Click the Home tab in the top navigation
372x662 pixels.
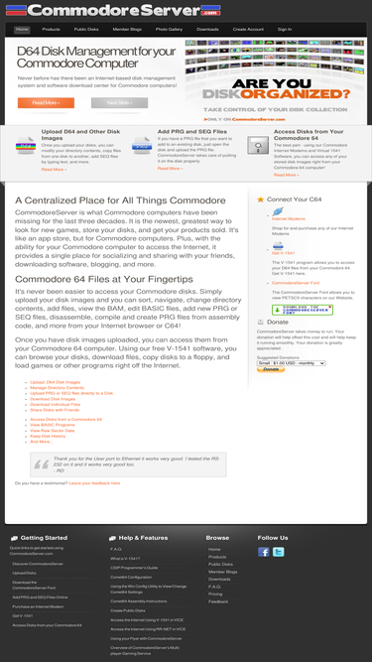pyautogui.click(x=22, y=30)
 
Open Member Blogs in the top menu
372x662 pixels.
pyautogui.click(x=126, y=30)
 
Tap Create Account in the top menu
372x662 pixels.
pyautogui.click(x=247, y=30)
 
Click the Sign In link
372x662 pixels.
pyautogui.click(x=285, y=30)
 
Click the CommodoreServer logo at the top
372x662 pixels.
pyautogui.click(x=186, y=11)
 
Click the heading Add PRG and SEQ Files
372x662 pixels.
pyautogui.click(x=191, y=130)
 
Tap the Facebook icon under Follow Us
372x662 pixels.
pyautogui.click(x=264, y=552)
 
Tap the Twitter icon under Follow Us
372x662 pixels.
pyautogui.click(x=279, y=552)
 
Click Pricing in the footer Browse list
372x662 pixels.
pyautogui.click(x=215, y=594)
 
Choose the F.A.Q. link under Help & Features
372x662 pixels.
pyautogui.click(x=116, y=549)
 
